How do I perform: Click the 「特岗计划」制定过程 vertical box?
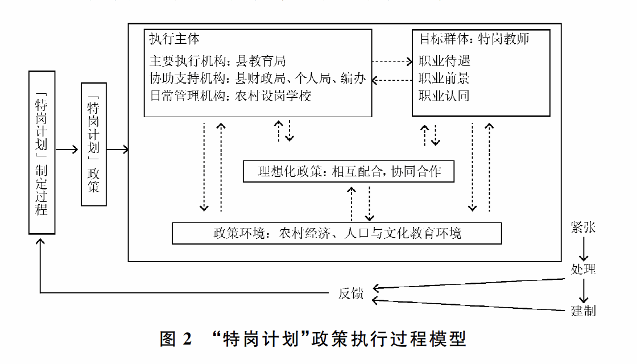pyautogui.click(x=42, y=152)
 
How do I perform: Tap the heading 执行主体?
pyautogui.click(x=174, y=40)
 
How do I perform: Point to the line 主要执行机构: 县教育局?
pyautogui.click(x=217, y=61)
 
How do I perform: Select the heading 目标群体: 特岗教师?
pyautogui.click(x=475, y=40)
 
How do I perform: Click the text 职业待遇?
pyautogui.click(x=444, y=61)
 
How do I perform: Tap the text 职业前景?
pyautogui.click(x=444, y=78)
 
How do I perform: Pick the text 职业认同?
pyautogui.click(x=444, y=96)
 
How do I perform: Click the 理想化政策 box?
pyautogui.click(x=349, y=171)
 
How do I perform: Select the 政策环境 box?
pyautogui.click(x=337, y=233)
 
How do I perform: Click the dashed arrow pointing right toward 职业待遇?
pyautogui.click(x=393, y=61)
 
